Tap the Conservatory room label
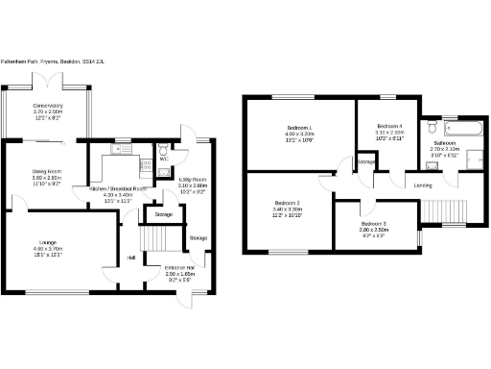coord(48,106)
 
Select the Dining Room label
coord(47,172)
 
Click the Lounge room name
coord(47,242)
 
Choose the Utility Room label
coord(193,180)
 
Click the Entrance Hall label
coord(180,267)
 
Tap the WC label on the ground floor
coord(164,159)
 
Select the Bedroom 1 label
coord(300,128)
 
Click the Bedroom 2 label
coord(287,204)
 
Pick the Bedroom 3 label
coord(374,224)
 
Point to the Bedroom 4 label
coord(390,126)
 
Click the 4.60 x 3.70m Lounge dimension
coord(47,249)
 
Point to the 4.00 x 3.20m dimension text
coord(300,135)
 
